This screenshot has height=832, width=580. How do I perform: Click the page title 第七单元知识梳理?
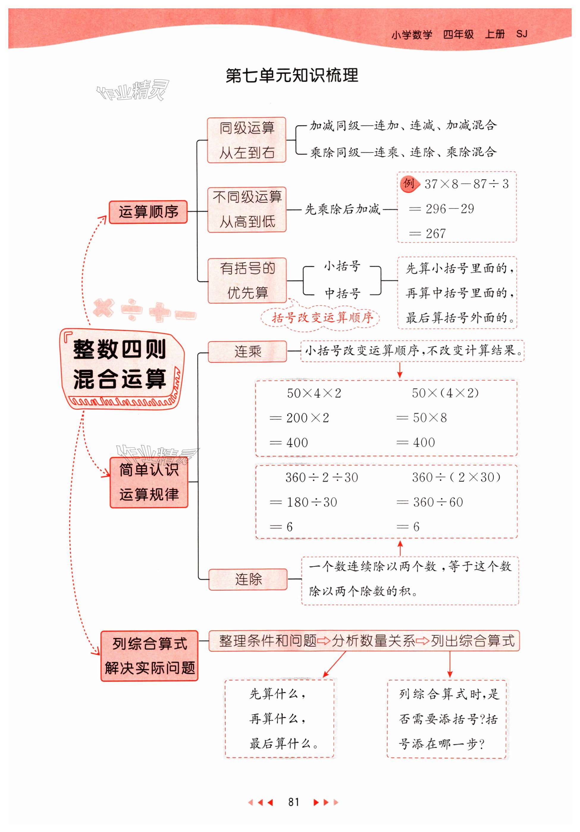(x=292, y=76)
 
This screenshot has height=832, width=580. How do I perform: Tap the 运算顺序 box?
(x=148, y=212)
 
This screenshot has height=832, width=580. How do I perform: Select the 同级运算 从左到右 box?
(x=247, y=140)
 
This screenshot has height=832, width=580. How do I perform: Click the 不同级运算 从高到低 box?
(x=247, y=209)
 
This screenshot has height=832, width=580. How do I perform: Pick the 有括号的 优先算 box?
(x=247, y=281)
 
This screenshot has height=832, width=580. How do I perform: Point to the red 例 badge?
(x=409, y=183)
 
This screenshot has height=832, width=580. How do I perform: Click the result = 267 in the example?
(x=427, y=234)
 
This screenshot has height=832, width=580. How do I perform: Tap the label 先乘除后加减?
(x=342, y=209)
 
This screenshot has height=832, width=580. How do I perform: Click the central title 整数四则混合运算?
(x=120, y=364)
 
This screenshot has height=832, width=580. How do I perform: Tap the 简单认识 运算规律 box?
(x=149, y=482)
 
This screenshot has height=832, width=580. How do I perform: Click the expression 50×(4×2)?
(x=445, y=393)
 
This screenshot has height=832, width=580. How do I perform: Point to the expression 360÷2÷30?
(x=322, y=478)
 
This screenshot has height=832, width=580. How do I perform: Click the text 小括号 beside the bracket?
(x=342, y=266)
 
